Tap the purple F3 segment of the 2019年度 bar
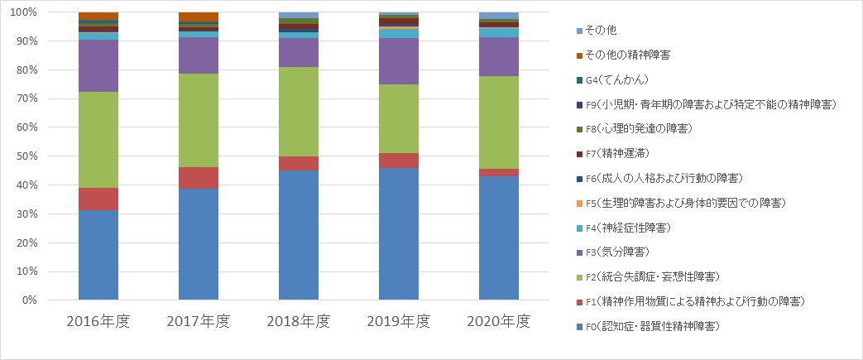click(399, 61)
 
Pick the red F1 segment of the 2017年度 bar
click(199, 178)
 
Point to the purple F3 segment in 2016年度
click(98, 65)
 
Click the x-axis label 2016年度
click(98, 321)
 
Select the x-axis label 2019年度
click(399, 321)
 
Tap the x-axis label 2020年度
click(499, 321)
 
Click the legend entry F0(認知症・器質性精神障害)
click(654, 326)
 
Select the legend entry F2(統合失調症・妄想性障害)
click(654, 276)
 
